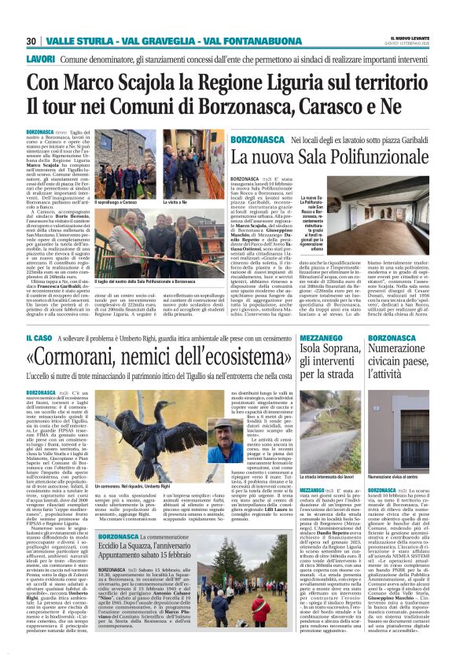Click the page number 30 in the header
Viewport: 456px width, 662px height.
coord(31,41)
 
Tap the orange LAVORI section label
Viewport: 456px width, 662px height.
coord(40,59)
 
